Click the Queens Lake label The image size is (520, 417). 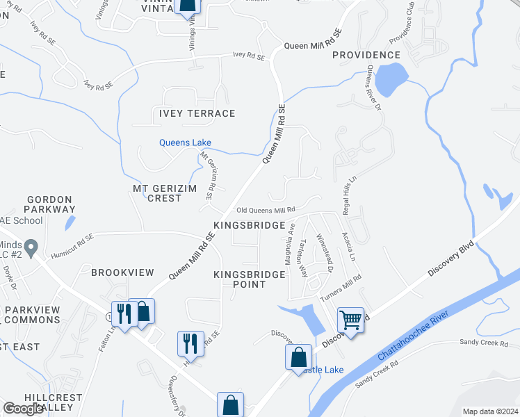(185, 142)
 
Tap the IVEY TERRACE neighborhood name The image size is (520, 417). (197, 113)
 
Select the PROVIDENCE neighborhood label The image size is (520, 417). (366, 55)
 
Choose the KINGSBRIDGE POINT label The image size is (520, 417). (250, 279)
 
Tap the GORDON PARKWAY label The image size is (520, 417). (49, 204)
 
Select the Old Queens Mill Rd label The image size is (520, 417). (266, 209)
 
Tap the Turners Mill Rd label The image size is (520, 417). (341, 288)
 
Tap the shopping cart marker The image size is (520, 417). (350, 320)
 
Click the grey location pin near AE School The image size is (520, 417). (31, 247)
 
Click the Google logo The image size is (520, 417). (24, 409)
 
